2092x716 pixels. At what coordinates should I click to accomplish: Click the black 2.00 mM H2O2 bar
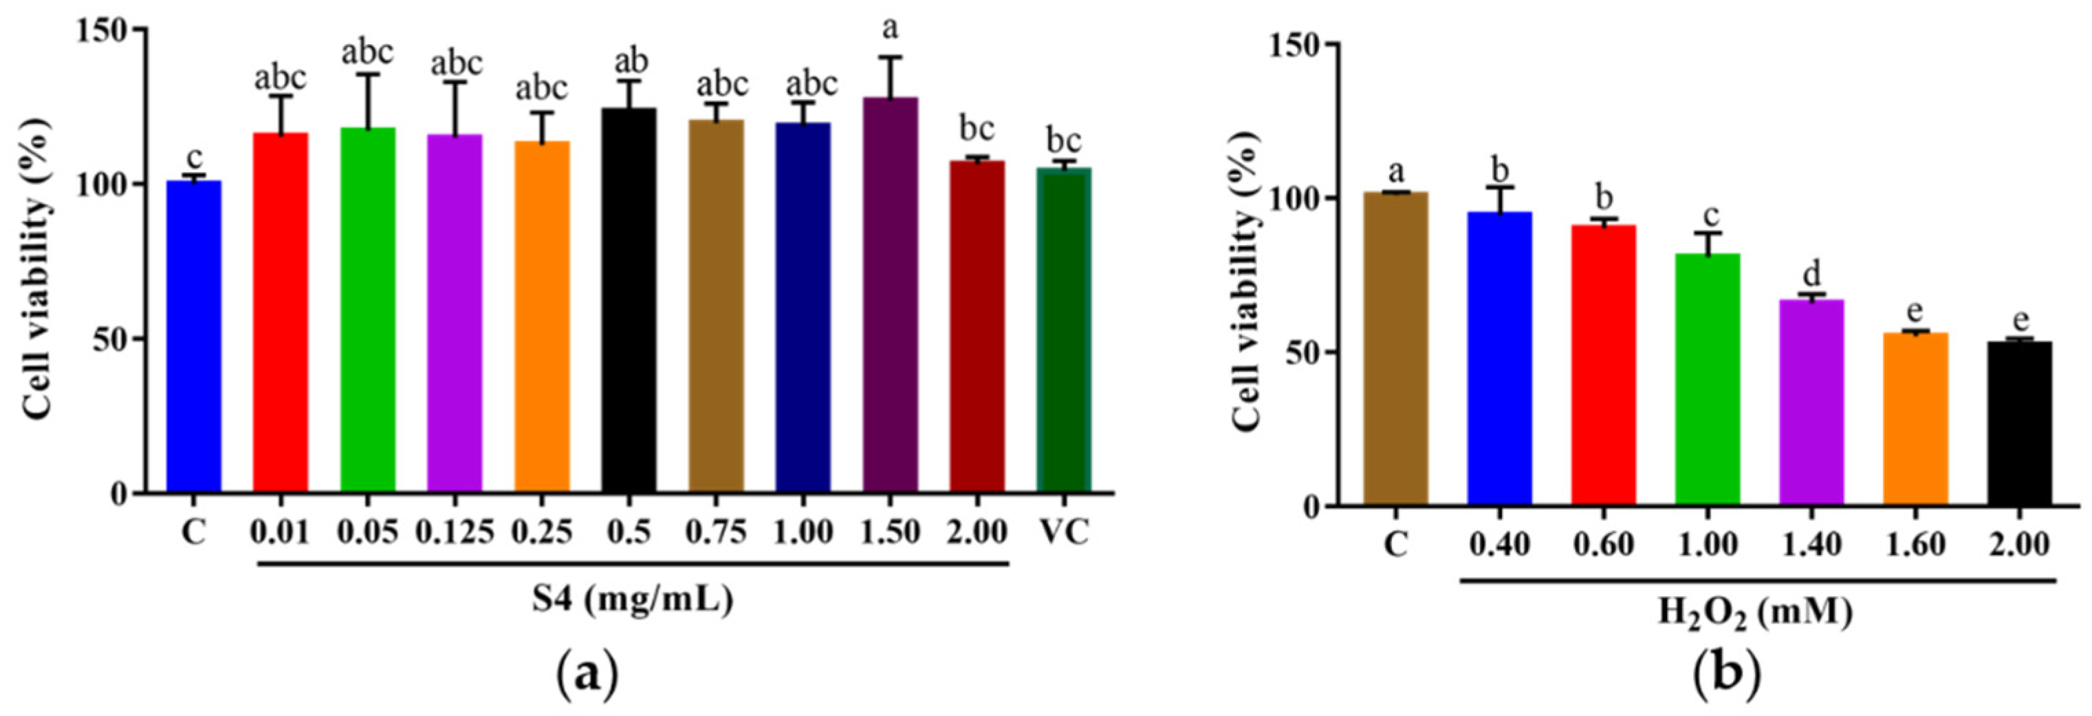click(x=2019, y=423)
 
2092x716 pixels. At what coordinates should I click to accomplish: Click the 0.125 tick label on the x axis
click(x=455, y=532)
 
